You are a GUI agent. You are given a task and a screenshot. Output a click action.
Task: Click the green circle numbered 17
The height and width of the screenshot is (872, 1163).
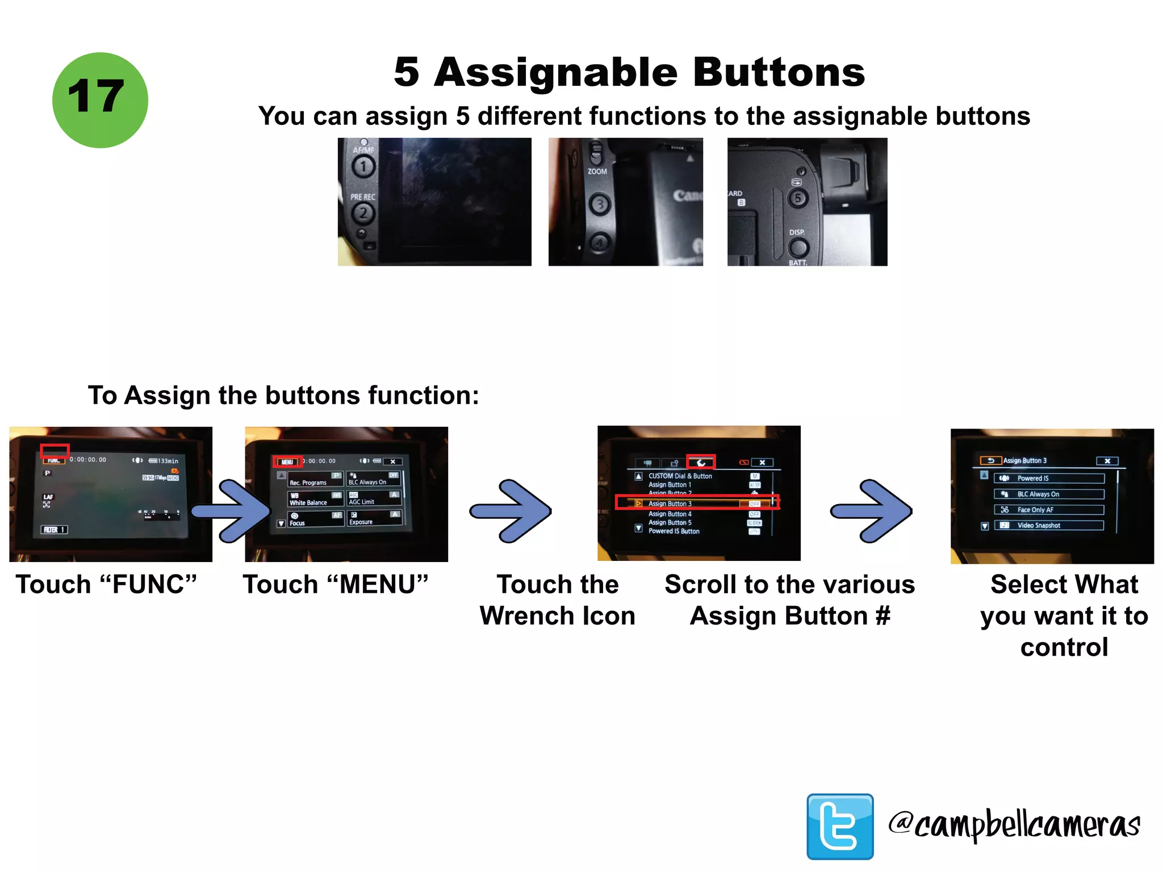pos(100,100)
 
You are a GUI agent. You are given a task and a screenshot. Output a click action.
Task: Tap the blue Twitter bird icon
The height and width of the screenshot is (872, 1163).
pos(840,826)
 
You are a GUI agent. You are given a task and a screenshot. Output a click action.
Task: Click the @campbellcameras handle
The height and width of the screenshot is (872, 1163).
pos(1014,824)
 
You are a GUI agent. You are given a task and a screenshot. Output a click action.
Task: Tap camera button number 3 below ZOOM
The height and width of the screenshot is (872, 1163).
pos(600,204)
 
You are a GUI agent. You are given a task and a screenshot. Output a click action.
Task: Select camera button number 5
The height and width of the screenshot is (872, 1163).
pos(798,198)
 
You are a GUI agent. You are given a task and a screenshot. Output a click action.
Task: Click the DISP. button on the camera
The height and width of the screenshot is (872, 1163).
pos(798,248)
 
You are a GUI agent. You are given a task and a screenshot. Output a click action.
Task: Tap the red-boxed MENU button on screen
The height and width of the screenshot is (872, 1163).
pos(287,462)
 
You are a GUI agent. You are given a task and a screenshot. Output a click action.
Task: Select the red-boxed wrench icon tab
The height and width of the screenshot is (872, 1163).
pos(701,462)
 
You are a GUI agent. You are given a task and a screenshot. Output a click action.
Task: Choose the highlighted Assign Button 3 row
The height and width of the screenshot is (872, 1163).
pos(697,503)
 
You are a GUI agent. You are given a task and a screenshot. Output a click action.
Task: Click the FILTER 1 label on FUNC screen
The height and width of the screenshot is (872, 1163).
pos(55,530)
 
